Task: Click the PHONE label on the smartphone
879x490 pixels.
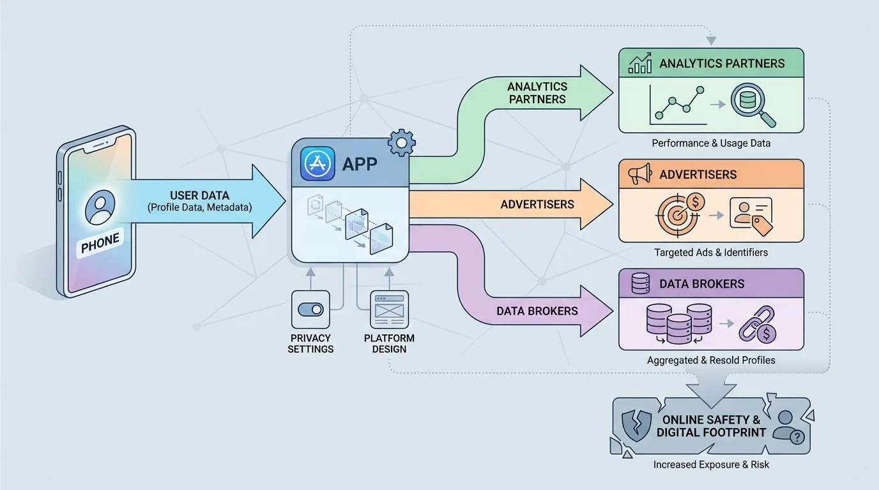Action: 100,242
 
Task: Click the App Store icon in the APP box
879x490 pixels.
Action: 317,163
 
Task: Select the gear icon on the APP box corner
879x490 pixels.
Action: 401,142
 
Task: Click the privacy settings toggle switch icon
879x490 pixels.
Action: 310,309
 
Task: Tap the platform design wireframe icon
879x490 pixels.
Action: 390,309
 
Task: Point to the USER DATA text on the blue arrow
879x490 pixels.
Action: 199,195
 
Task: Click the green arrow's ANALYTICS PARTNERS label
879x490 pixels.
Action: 537,93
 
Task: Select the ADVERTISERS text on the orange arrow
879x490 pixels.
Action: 537,204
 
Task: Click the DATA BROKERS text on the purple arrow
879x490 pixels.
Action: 537,311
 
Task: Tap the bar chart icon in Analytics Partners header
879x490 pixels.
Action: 639,63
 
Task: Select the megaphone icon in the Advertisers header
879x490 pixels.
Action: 639,174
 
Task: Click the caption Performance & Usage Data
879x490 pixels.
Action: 710,143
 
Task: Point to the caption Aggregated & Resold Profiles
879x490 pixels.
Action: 710,360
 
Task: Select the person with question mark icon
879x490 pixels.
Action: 788,426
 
